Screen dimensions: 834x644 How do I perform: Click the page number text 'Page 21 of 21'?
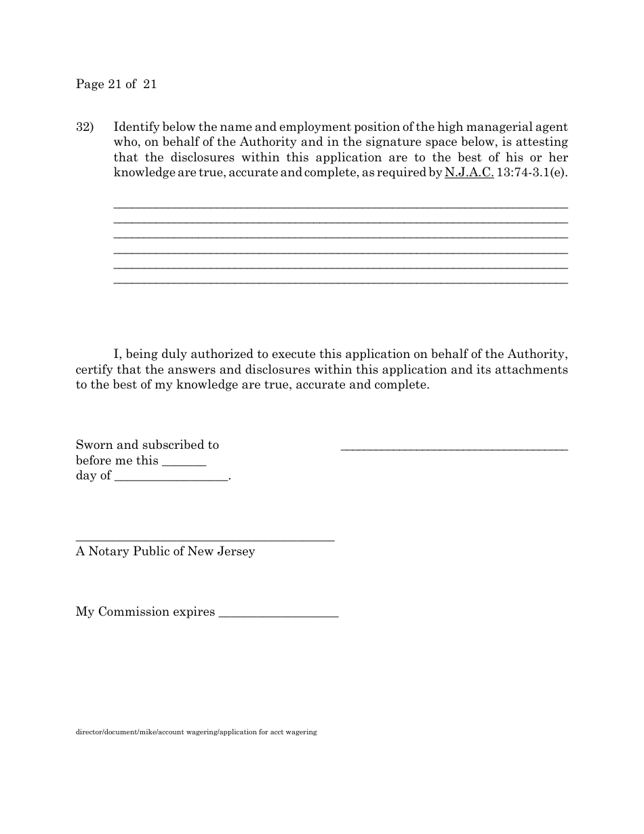[116, 84]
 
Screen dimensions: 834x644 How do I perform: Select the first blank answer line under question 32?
[340, 206]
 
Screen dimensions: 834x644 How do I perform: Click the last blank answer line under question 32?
[340, 282]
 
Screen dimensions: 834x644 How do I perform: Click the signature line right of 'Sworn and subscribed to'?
[454, 449]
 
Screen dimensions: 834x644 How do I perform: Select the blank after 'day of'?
[172, 480]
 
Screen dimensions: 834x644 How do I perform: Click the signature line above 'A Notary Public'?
[205, 540]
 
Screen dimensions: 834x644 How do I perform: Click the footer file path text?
[196, 732]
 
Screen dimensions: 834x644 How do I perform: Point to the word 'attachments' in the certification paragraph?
[531, 370]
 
